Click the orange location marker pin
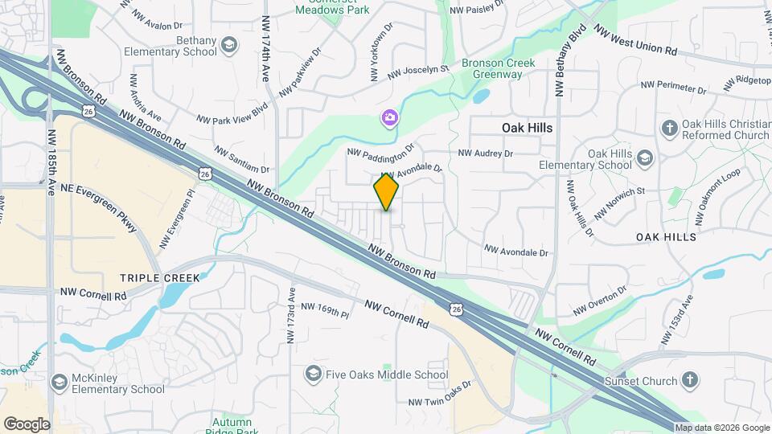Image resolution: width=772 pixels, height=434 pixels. click(387, 191)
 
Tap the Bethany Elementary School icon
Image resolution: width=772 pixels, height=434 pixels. click(229, 43)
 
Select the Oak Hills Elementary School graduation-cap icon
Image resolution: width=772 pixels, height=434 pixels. click(644, 158)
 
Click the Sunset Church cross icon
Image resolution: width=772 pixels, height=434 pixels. click(689, 379)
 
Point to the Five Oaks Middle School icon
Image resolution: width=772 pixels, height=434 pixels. click(313, 374)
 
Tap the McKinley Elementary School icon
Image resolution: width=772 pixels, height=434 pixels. click(58, 382)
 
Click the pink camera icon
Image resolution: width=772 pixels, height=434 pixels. click(389, 119)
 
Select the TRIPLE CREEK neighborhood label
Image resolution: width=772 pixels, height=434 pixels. click(159, 277)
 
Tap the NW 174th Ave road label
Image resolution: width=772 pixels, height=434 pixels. click(265, 48)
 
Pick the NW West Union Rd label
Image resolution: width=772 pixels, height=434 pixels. click(634, 40)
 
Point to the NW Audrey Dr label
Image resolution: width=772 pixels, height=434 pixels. click(485, 153)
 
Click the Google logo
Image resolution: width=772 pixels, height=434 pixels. click(27, 424)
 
